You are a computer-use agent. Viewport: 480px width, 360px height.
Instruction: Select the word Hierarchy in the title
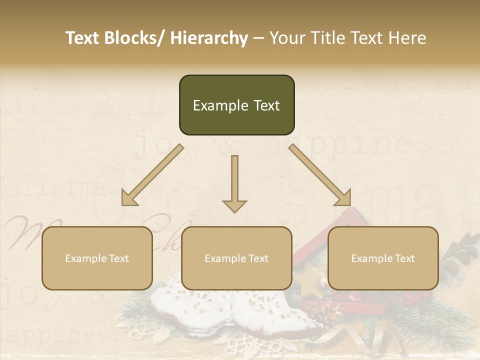click(209, 38)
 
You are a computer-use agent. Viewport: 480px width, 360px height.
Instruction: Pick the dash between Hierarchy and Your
click(258, 38)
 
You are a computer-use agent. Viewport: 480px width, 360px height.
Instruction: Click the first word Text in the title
click(83, 38)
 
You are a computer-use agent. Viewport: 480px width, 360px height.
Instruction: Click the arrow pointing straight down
click(234, 180)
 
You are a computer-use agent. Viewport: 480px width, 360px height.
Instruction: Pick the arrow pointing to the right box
click(320, 175)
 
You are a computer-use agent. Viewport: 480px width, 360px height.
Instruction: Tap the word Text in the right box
click(404, 258)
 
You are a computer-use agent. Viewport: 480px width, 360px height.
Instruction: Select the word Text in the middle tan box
click(258, 258)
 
